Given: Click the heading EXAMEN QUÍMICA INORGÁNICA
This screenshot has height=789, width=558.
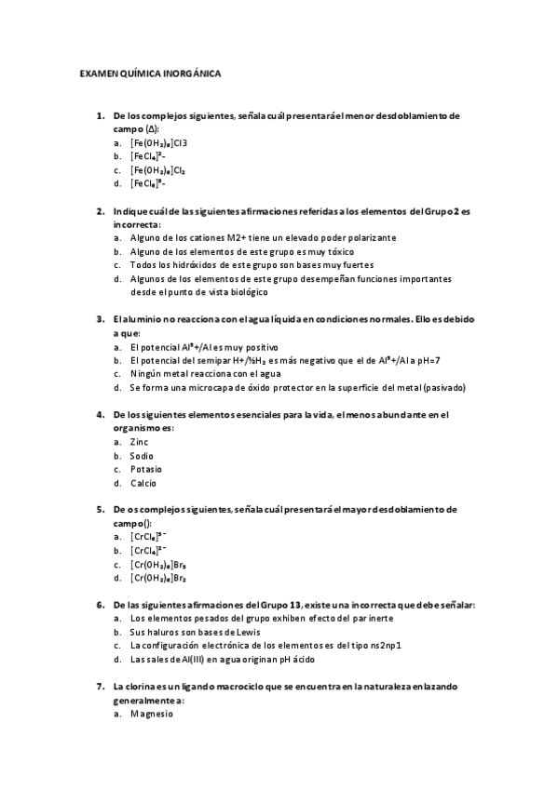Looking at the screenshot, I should point(150,73).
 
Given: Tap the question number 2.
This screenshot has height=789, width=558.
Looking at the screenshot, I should point(101,211).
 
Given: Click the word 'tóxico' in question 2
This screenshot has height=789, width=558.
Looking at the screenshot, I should point(339,251).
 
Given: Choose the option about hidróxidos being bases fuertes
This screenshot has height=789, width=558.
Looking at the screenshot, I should point(239,265).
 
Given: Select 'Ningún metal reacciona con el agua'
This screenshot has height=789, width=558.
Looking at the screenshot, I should point(198,373).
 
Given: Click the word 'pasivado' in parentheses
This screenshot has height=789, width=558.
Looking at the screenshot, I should point(445,387).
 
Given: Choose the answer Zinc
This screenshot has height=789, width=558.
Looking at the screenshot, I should point(139,442).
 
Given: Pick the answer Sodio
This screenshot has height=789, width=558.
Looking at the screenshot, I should point(142,456).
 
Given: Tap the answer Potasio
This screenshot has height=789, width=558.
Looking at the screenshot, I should point(145,469).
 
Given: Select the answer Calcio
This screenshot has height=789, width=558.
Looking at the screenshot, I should point(143,483).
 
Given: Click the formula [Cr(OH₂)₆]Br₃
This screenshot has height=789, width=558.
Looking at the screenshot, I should point(159,565).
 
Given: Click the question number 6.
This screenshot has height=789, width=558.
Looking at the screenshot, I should point(101,605).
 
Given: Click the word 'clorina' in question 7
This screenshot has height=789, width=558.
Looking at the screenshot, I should point(142,687).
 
